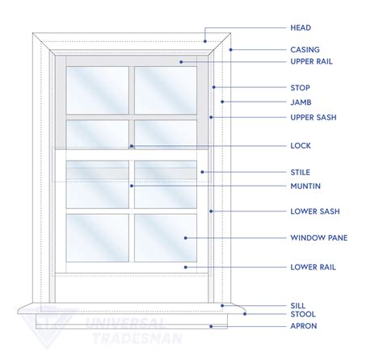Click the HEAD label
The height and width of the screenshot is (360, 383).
tap(301, 27)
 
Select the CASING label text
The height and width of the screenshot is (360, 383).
tap(305, 50)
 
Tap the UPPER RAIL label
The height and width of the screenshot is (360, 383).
tap(311, 61)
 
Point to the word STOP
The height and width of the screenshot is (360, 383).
tap(301, 88)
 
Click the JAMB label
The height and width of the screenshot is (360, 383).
tap(301, 103)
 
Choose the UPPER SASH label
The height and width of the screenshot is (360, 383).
tap(314, 117)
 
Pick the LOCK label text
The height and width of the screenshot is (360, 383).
tap(301, 146)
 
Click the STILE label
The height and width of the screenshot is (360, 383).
tap(301, 172)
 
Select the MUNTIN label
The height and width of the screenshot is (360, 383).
tap(305, 186)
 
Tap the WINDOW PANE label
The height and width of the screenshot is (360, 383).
tap(319, 238)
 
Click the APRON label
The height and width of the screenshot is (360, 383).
tap(304, 326)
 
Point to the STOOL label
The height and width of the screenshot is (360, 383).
tap(303, 314)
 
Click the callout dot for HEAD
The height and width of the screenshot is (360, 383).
tap(205, 41)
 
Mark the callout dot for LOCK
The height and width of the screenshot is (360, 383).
tap(132, 146)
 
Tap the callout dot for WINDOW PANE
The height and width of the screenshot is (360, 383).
tap(186, 238)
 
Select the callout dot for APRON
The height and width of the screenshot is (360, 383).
tap(211, 326)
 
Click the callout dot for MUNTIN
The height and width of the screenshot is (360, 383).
tap(132, 186)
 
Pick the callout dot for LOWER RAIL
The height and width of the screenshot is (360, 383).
tap(186, 267)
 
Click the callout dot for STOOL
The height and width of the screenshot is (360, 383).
tap(245, 314)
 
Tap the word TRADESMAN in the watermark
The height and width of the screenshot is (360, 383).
tap(137, 338)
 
